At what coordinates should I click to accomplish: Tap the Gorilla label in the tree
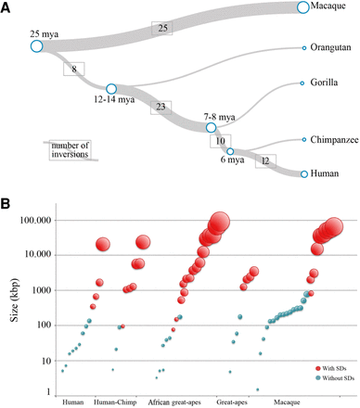pos(328,83)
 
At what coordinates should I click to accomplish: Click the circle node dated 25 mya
pos(36,45)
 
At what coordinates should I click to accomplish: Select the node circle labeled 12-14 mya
pos(110,89)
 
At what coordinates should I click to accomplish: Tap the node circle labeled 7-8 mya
pos(211,128)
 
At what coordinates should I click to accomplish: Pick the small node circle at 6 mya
pos(230,151)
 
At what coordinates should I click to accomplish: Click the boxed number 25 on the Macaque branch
pos(164,29)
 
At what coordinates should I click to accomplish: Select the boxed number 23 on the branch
pos(162,107)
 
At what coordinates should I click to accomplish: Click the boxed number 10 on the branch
pos(220,141)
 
